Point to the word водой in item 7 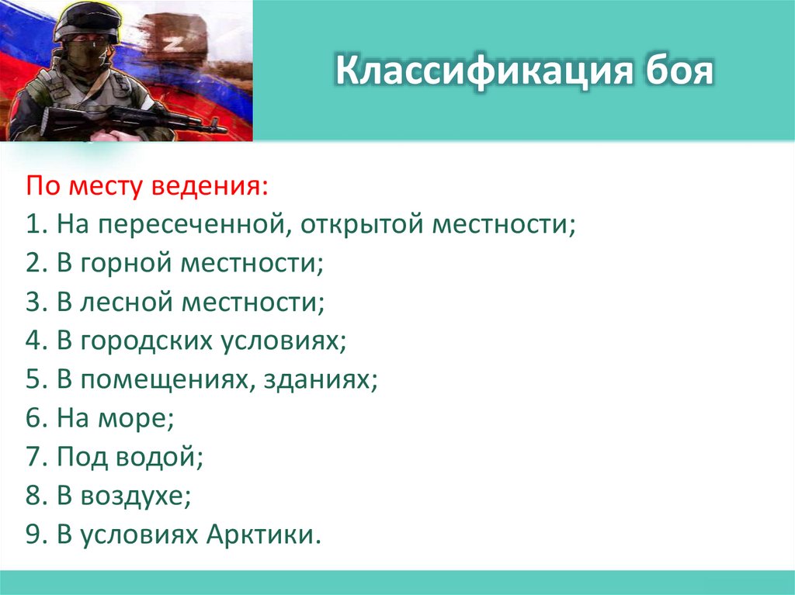pyautogui.click(x=161, y=458)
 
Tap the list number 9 pyautogui.click(x=33, y=535)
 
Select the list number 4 pyautogui.click(x=33, y=341)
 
